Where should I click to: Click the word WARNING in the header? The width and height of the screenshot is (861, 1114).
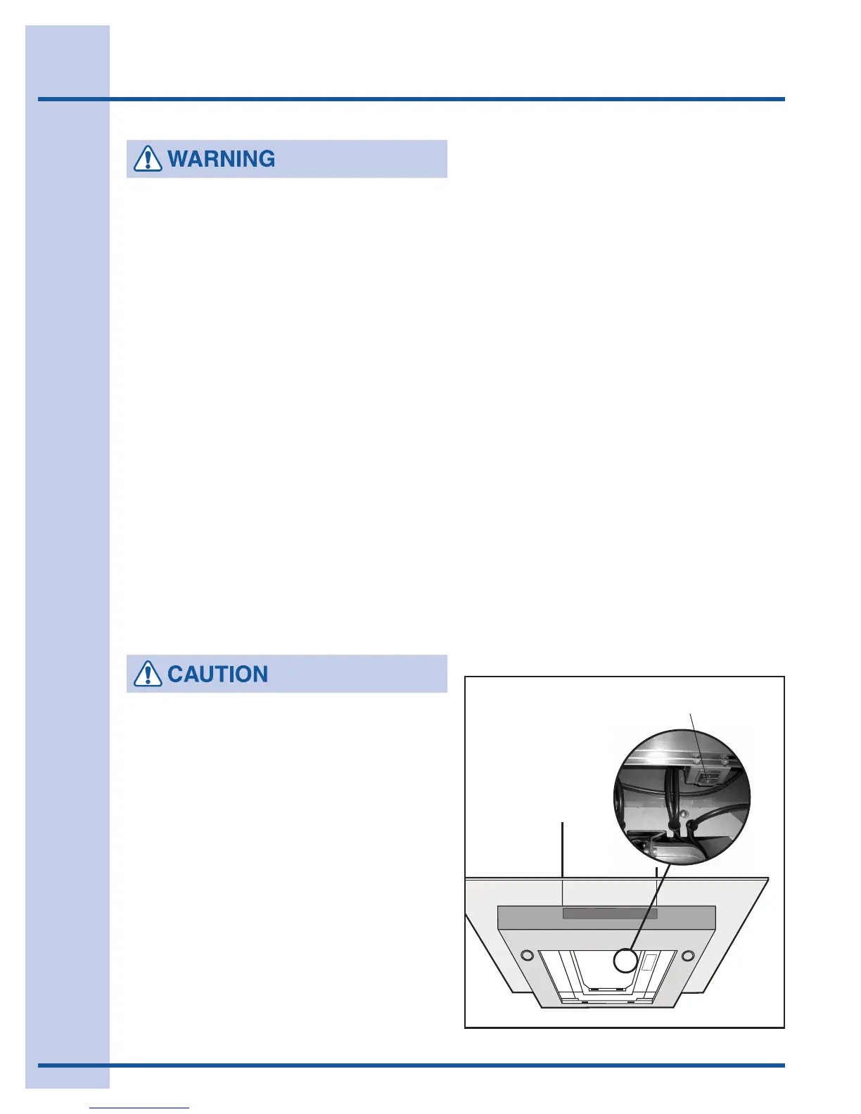[222, 159]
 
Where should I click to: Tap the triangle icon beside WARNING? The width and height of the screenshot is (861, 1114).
[147, 159]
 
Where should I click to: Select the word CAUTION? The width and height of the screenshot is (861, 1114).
[218, 674]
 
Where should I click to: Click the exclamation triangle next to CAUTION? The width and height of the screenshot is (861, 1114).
[147, 674]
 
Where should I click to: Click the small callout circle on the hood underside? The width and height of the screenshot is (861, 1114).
[625, 961]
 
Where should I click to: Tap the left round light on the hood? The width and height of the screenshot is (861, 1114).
[526, 956]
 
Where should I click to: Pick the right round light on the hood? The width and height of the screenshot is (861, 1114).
[688, 956]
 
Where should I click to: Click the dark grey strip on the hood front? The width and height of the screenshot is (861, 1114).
[610, 914]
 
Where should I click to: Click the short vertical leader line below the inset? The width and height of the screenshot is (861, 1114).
[656, 872]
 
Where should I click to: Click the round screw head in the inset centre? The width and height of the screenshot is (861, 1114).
[682, 814]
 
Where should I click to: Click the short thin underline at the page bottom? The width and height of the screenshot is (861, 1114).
[139, 1108]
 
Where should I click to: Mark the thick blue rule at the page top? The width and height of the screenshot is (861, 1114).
[412, 99]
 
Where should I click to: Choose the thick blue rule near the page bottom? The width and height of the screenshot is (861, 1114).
[412, 1065]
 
